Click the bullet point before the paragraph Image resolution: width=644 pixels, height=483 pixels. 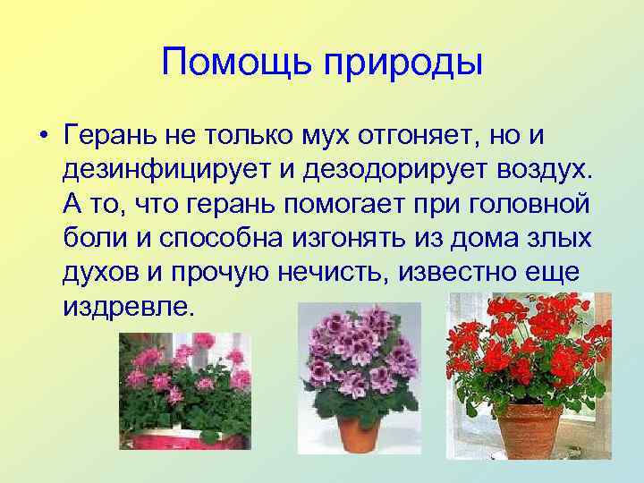click(42, 137)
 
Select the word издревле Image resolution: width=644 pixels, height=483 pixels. click(127, 307)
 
